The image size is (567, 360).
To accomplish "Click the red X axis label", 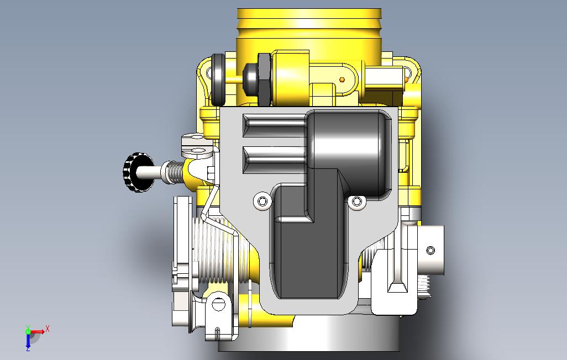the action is coord(48,329).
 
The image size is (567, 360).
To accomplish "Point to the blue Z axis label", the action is coord(28,348).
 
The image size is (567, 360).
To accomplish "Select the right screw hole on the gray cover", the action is coord(357,201).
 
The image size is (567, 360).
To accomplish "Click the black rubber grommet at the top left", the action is coord(218,79).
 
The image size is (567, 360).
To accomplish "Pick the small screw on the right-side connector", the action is coord(431,250).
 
